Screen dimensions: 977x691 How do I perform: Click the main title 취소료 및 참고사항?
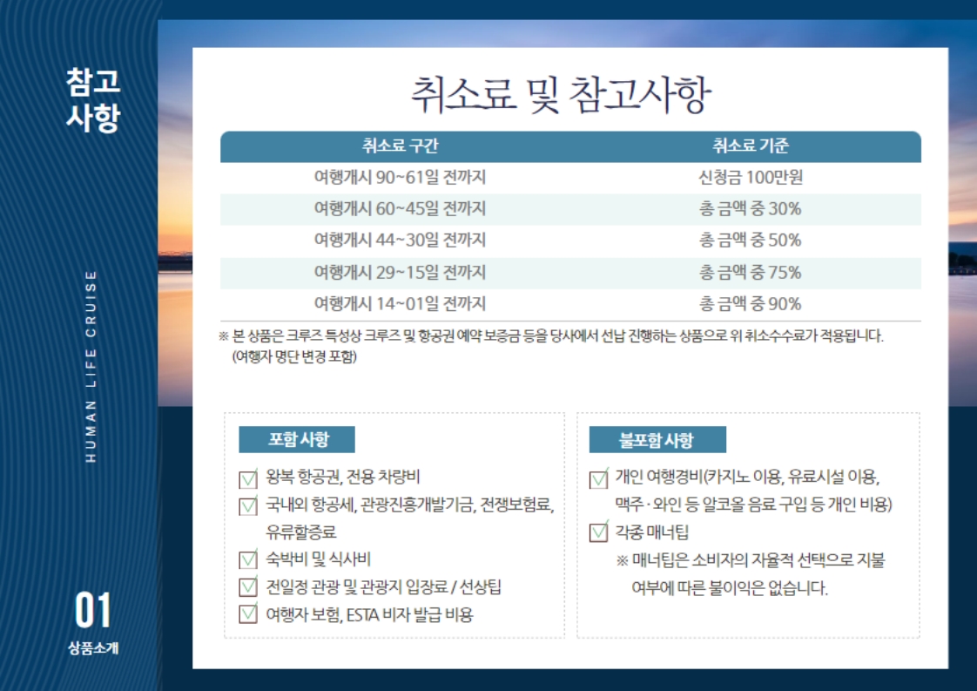tap(561, 95)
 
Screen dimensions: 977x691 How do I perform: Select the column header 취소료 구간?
tap(400, 146)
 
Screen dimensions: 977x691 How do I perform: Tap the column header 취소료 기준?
tap(751, 146)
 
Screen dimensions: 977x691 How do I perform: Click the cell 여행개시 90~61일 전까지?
tap(400, 177)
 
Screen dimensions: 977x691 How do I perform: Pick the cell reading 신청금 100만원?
tap(751, 177)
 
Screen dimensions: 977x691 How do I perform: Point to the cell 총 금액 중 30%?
tap(751, 209)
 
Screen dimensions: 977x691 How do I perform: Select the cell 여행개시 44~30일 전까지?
tap(400, 240)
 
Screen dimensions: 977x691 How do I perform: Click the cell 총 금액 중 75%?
tap(751, 273)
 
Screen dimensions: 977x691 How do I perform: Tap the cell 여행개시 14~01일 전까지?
tap(400, 304)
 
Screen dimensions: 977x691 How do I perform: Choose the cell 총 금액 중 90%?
tap(751, 304)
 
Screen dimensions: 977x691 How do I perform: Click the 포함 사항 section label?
tap(297, 440)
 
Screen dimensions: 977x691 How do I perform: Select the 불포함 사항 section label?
tap(657, 440)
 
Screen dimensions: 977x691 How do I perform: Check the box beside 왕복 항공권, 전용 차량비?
tap(248, 478)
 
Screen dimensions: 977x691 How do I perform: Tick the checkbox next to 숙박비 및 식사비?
tap(248, 559)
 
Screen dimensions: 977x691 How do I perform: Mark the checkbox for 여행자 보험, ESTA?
tap(248, 614)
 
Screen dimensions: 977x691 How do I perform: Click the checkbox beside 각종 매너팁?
tap(598, 532)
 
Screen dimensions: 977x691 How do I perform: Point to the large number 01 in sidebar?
tap(93, 611)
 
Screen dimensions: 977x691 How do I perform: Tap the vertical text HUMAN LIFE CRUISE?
tap(91, 367)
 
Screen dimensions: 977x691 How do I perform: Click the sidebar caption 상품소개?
tap(93, 648)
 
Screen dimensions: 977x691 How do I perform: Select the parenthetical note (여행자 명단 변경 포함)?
tap(294, 356)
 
